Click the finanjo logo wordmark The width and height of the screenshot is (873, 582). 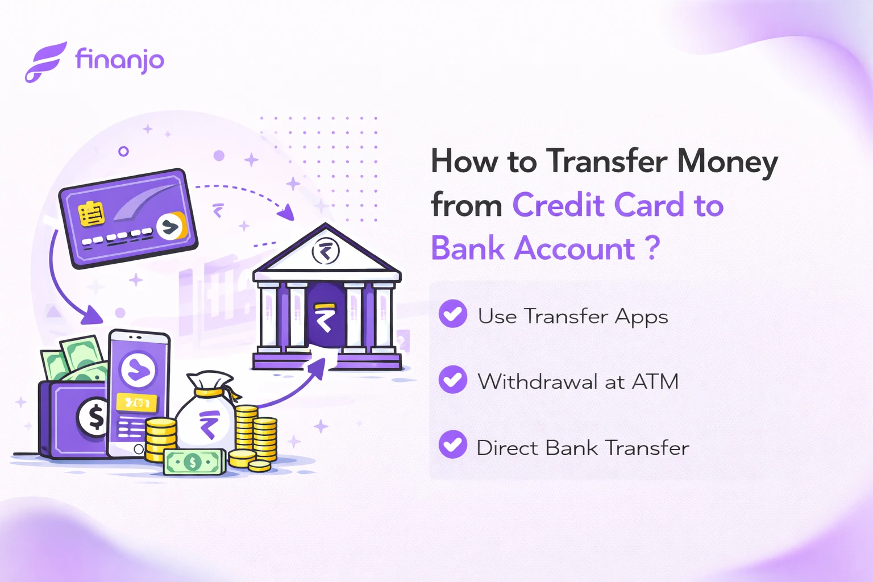click(119, 60)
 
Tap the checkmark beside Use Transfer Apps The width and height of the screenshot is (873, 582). click(453, 314)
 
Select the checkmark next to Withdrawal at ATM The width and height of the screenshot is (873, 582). click(453, 380)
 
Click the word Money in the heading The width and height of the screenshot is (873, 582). click(727, 162)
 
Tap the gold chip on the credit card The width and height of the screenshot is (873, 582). click(91, 214)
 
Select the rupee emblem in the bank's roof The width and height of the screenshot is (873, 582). click(326, 251)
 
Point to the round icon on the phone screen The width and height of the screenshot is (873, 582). click(138, 370)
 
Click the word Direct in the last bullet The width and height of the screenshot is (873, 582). click(507, 448)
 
